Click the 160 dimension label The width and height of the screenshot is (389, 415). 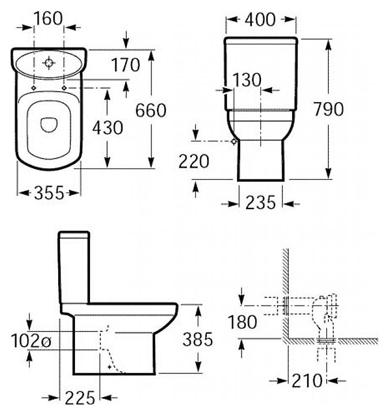(48, 18)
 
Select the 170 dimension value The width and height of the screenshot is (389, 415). (126, 65)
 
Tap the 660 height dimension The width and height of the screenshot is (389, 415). (150, 110)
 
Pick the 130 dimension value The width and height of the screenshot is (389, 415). (247, 80)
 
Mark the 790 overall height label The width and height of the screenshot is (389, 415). (328, 108)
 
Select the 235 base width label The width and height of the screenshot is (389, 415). (260, 203)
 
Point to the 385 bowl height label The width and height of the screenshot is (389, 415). (198, 339)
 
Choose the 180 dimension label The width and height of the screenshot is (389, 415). (243, 322)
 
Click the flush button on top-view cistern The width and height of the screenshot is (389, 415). (50, 61)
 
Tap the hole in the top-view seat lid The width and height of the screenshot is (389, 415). (48, 123)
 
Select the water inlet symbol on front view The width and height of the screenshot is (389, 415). (233, 141)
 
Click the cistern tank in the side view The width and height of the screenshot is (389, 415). (73, 265)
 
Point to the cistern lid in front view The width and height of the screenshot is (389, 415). (261, 41)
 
